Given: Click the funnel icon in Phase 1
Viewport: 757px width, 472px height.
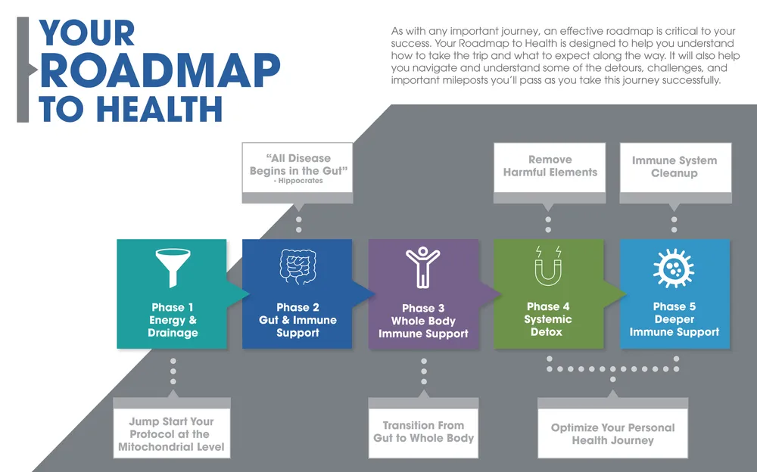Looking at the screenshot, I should (172, 266).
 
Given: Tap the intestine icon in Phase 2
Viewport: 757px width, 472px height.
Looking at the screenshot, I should (297, 266).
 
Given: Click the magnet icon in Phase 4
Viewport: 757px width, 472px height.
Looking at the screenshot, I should (547, 265).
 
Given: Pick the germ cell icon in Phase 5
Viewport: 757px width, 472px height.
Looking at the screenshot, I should (674, 267).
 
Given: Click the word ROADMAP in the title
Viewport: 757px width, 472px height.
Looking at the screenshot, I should (160, 73).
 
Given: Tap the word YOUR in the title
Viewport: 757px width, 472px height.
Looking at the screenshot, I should (87, 33).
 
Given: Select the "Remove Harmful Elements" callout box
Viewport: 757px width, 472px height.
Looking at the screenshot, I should (550, 166).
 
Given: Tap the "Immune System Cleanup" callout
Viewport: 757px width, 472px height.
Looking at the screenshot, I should (674, 167).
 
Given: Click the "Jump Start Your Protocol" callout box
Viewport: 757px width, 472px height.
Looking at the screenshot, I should (171, 434).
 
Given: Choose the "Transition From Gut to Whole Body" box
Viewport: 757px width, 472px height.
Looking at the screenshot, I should (423, 432).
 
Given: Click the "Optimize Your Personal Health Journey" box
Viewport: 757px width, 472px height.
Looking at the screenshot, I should (612, 433).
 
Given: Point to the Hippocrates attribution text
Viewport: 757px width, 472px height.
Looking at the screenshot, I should (298, 182).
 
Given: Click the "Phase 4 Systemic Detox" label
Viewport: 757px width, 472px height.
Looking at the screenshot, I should (548, 319).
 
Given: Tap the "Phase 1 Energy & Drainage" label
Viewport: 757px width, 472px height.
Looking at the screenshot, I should (173, 320).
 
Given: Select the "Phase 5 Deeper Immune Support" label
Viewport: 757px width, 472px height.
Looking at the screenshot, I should (674, 319).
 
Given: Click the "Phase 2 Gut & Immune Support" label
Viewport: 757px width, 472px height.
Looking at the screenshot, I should (298, 320).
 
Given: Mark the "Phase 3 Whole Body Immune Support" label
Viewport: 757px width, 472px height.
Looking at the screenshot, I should (423, 321).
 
